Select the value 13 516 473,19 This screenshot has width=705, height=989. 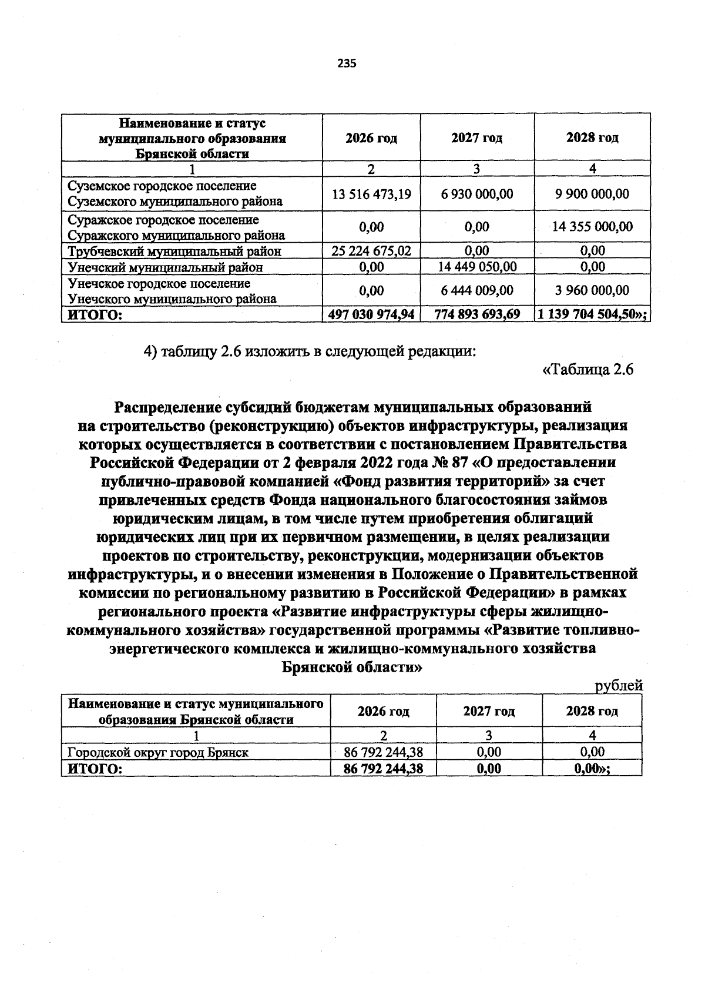pos(371,194)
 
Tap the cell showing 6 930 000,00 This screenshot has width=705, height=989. pos(476,194)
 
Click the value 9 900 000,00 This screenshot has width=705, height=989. pos(592,194)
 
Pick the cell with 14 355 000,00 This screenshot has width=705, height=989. pos(592,227)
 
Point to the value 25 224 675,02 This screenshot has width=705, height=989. pos(371,251)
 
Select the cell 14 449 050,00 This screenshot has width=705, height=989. pos(476,267)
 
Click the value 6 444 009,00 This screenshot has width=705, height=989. pos(476,290)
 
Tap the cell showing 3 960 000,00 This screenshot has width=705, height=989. pos(592,290)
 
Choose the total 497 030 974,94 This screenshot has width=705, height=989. pos(371,314)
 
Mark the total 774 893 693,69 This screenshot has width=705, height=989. pos(476,314)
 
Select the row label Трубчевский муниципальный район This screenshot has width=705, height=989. pos(174,252)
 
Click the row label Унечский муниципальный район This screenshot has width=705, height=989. pos(165,267)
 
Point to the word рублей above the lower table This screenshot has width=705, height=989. pos(619,686)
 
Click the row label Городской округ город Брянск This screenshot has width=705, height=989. pos(158,752)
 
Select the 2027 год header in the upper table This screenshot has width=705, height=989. pos(476,139)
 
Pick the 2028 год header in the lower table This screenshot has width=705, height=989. pos(592,711)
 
